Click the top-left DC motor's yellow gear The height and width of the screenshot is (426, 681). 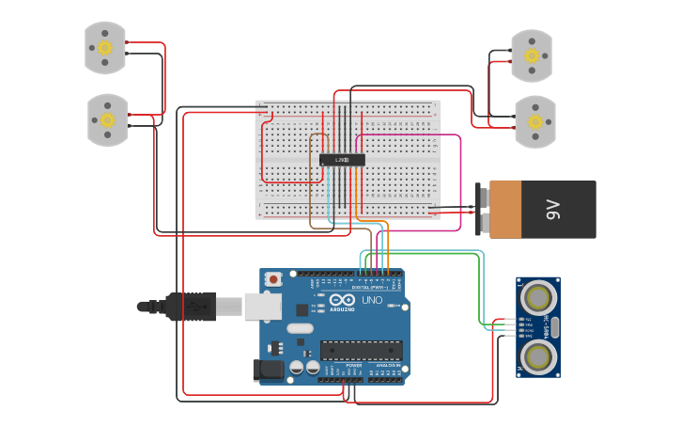click(x=105, y=47)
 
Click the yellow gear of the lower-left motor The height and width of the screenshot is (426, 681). click(x=107, y=119)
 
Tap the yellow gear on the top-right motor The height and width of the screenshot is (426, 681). click(x=532, y=55)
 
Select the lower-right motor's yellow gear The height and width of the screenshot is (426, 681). click(x=535, y=121)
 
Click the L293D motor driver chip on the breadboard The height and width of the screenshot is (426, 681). click(x=342, y=160)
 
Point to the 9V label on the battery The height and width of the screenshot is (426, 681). click(x=553, y=209)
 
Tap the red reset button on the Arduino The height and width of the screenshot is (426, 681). click(x=273, y=278)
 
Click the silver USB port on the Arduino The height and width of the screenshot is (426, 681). click(x=262, y=306)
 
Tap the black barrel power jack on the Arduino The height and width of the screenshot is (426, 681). click(x=269, y=371)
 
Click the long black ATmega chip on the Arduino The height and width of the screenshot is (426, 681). click(x=362, y=350)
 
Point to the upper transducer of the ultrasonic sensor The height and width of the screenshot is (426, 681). click(x=538, y=298)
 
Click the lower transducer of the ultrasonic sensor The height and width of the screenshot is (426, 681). click(x=538, y=355)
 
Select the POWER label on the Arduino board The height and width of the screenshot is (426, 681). click(x=340, y=365)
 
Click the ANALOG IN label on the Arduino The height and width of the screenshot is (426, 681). click(x=387, y=365)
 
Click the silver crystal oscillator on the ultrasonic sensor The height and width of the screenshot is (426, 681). click(x=554, y=327)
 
